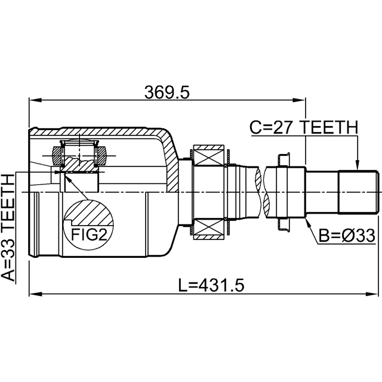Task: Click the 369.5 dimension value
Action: [x=167, y=93]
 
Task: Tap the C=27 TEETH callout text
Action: [x=304, y=127]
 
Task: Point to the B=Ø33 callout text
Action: [x=347, y=236]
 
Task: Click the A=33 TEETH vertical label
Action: [x=8, y=228]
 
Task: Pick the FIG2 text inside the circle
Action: [x=89, y=235]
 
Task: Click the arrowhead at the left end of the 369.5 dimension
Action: [x=35, y=100]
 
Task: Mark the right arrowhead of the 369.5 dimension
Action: [x=299, y=100]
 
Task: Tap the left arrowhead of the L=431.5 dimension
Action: [x=36, y=294]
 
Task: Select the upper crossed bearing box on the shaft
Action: [x=209, y=155]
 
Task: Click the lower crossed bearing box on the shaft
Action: [x=209, y=229]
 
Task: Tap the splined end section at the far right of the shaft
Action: [x=358, y=192]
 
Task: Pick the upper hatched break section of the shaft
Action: [x=258, y=179]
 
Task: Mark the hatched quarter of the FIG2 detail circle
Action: [x=91, y=212]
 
